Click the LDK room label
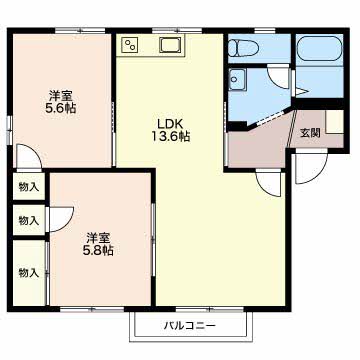(x=170, y=124)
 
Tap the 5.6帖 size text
(x=61, y=108)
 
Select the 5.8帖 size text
(x=98, y=250)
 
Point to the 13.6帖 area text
(x=170, y=136)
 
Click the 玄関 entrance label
(x=311, y=133)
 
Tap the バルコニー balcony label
(x=190, y=325)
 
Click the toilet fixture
(x=245, y=48)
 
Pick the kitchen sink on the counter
(x=170, y=45)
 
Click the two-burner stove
(x=130, y=45)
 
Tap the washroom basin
(x=237, y=79)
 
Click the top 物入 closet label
(x=29, y=187)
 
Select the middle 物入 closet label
(x=29, y=220)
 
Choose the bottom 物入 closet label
(x=29, y=273)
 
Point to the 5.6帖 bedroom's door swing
(x=29, y=157)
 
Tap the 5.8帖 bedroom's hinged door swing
(x=61, y=219)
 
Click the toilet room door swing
(x=279, y=77)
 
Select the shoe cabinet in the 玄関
(x=334, y=122)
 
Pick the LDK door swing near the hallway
(x=269, y=184)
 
